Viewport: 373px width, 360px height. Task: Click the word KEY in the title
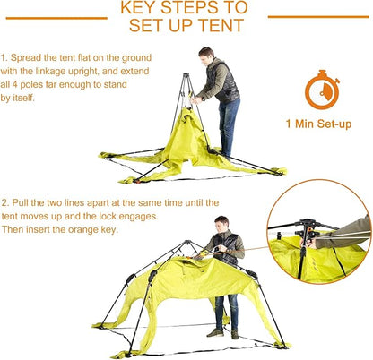click(138, 8)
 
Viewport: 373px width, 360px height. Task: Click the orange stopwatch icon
click(322, 90)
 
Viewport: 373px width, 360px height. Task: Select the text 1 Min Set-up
click(318, 124)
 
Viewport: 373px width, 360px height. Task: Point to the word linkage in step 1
click(50, 72)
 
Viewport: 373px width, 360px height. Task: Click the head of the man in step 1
click(206, 56)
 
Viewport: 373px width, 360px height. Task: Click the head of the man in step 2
click(221, 224)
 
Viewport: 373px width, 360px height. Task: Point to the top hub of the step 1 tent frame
click(186, 75)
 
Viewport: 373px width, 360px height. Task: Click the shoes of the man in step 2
click(223, 333)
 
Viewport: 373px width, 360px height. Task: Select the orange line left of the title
click(56, 18)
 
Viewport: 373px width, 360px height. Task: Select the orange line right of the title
click(318, 17)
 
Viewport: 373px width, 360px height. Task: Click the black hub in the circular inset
click(306, 229)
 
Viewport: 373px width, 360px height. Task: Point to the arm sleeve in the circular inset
click(343, 235)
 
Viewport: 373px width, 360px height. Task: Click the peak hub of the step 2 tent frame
click(187, 242)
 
